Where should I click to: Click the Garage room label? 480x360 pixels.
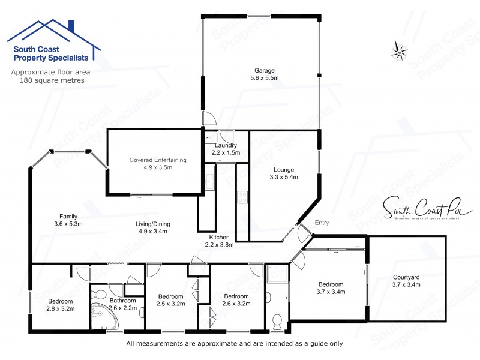point(264,71)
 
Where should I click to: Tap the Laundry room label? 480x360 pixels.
point(225,145)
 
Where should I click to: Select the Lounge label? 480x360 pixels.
point(284,169)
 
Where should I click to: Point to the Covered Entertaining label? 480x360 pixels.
point(158,160)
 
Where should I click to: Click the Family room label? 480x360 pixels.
point(68,217)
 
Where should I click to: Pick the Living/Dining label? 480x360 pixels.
point(152,224)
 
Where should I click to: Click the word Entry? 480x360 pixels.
point(322,223)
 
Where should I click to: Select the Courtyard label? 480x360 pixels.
point(406,277)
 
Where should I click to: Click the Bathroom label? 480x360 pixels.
point(122,301)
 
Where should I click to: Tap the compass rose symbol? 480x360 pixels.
point(400,50)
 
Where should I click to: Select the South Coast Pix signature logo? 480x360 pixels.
point(427,208)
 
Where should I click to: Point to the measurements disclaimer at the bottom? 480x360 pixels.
point(234,344)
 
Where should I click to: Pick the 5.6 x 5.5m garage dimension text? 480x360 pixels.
point(264,79)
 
